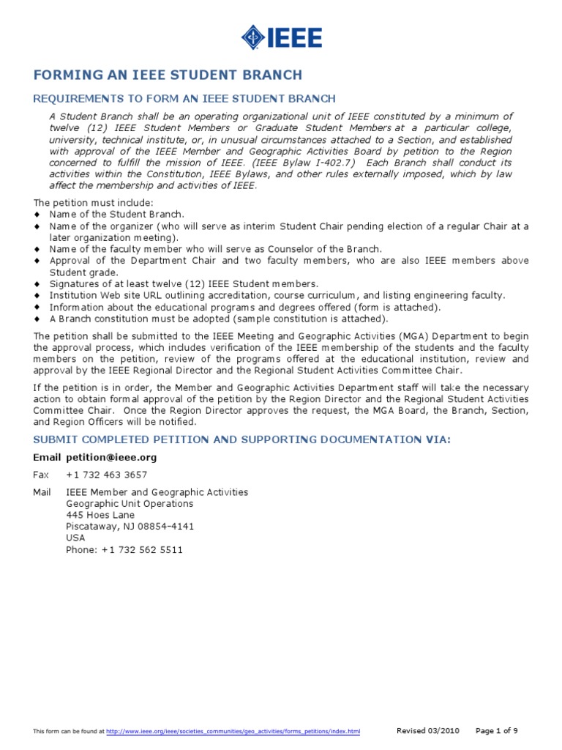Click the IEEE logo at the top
click(282, 37)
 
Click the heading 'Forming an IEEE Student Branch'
click(168, 75)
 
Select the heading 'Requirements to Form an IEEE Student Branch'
click(185, 99)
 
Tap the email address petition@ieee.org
click(111, 457)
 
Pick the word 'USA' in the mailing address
click(75, 538)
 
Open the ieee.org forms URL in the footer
click(233, 732)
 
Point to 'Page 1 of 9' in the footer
click(497, 730)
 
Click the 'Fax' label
click(42, 475)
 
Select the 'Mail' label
click(42, 492)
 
